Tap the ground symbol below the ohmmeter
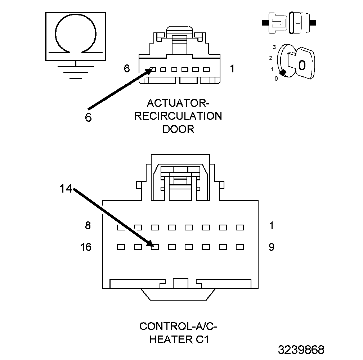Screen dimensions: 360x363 pyautogui.click(x=76, y=71)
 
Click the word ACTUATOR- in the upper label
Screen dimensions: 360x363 pyautogui.click(x=178, y=103)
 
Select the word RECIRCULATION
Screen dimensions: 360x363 pyautogui.click(x=178, y=116)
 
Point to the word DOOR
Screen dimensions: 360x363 pyautogui.click(x=178, y=129)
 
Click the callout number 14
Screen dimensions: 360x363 pyautogui.click(x=66, y=189)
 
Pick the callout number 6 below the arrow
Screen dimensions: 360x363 pyautogui.click(x=89, y=117)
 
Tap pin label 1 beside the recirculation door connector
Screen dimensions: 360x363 pyautogui.click(x=232, y=68)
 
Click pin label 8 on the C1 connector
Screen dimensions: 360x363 pyautogui.click(x=88, y=226)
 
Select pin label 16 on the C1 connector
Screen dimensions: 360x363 pyautogui.click(x=86, y=247)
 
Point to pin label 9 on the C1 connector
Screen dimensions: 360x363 pyautogui.click(x=271, y=247)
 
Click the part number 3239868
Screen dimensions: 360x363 pyautogui.click(x=301, y=350)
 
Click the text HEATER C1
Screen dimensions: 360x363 pyautogui.click(x=178, y=339)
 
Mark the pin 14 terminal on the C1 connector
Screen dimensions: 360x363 pyautogui.click(x=155, y=247)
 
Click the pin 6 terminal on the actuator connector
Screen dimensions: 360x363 pyautogui.click(x=153, y=69)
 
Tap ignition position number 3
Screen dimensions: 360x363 pyautogui.click(x=274, y=47)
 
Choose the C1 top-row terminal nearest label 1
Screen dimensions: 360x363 pyautogui.click(x=240, y=228)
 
